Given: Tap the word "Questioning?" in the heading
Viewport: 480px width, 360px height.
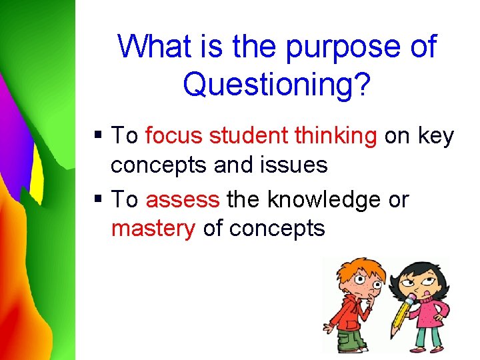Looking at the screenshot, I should point(275,85).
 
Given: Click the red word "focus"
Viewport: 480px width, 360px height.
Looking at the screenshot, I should point(174,136).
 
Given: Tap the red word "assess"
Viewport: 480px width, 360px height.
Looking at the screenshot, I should point(182,199).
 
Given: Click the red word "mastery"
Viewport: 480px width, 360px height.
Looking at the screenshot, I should point(153,229).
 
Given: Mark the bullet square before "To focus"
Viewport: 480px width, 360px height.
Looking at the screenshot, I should point(99,137).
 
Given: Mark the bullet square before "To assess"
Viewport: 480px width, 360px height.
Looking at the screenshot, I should point(99,200).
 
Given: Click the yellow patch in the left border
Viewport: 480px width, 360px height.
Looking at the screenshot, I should point(36,180).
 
